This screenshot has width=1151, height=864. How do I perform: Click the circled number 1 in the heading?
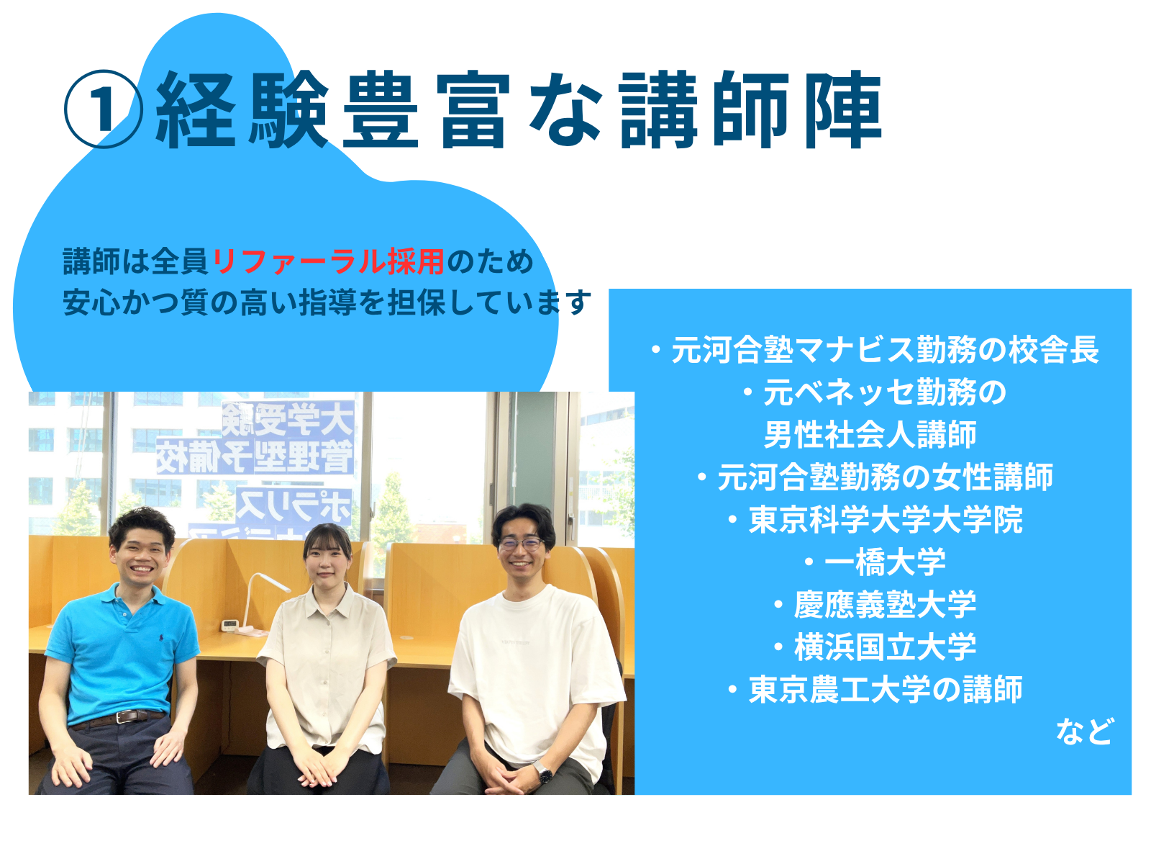104,109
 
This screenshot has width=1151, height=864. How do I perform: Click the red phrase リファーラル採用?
329,261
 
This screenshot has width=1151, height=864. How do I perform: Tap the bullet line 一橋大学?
875,562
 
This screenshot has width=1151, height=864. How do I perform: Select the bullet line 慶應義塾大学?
875,605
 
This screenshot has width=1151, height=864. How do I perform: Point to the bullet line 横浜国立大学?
875,647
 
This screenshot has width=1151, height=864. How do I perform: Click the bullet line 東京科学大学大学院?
875,520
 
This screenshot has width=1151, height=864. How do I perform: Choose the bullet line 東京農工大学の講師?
875,689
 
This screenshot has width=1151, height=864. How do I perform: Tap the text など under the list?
1084,732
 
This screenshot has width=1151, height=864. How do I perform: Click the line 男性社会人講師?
870,435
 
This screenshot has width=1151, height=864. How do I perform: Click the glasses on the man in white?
521,544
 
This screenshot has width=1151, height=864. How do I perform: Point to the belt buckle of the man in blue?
123,716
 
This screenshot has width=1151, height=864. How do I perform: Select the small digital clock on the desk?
229,625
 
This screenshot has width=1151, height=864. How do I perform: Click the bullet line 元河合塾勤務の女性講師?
875,477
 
